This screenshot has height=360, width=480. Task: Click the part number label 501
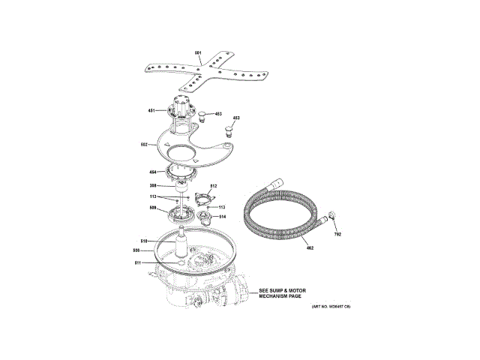pyautogui.click(x=198, y=52)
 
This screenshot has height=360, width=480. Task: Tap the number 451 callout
pyautogui.click(x=151, y=111)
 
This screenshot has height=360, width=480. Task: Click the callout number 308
pyautogui.click(x=152, y=185)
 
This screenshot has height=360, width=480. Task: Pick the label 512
pyautogui.click(x=213, y=186)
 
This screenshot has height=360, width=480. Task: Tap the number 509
pyautogui.click(x=152, y=208)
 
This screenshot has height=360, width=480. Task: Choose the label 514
pyautogui.click(x=222, y=217)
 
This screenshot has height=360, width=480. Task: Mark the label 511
pyautogui.click(x=137, y=262)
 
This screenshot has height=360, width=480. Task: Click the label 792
pyautogui.click(x=337, y=235)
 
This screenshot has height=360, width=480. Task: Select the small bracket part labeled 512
pyautogui.click(x=200, y=199)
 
